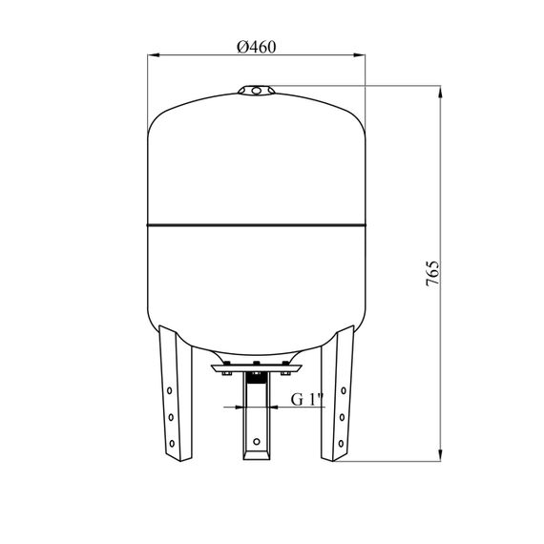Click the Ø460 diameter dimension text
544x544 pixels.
tap(257, 47)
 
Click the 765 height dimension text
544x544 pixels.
tap(432, 273)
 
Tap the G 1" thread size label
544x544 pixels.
tap(307, 399)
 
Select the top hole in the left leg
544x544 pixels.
tap(169, 390)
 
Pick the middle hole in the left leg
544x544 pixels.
tap(171, 417)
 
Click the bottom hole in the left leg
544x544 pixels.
tap(172, 443)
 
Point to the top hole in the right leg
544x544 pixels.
tap(344, 390)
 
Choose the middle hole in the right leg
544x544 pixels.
tap(342, 417)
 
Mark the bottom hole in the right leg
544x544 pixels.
tap(341, 443)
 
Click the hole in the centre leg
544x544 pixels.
tap(257, 442)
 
